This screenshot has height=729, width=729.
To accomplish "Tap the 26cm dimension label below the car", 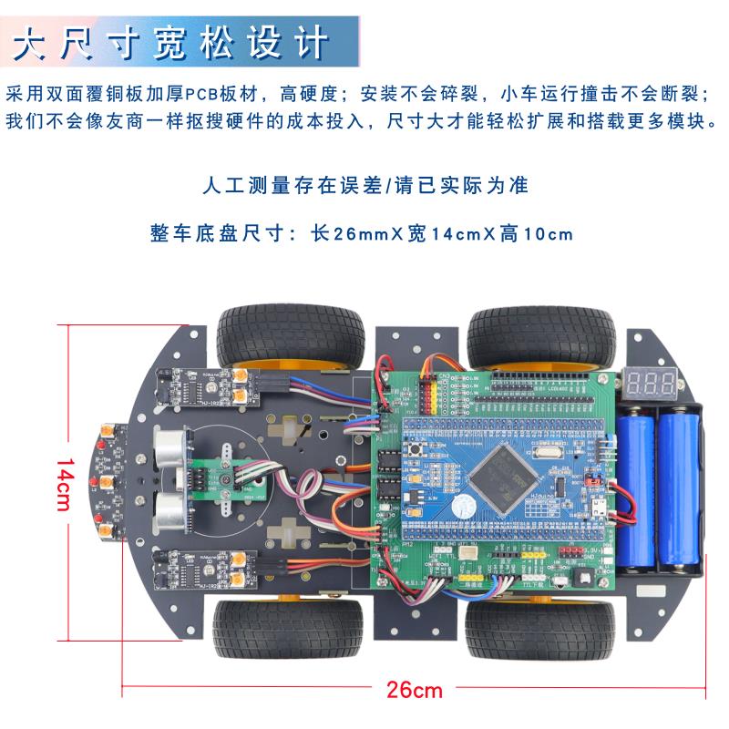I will tap(414, 689).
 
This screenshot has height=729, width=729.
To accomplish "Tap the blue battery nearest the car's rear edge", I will tap(679, 492).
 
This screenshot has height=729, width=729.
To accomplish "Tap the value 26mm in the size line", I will tap(346, 233).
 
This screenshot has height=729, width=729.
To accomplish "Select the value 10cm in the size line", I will tap(547, 233).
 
